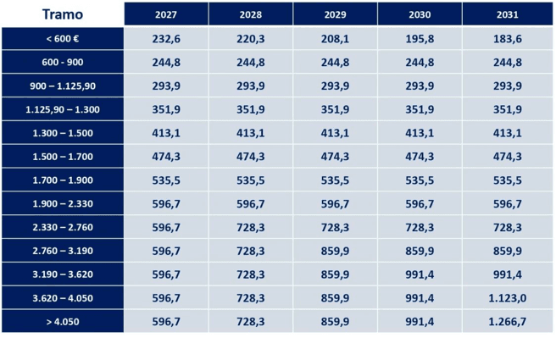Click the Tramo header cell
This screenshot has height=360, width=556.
tap(63, 14)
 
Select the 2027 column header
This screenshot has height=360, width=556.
tap(166, 14)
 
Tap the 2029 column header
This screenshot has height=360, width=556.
tap(336, 14)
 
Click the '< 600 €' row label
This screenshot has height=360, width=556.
tap(63, 39)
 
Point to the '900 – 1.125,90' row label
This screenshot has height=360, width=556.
tap(63, 86)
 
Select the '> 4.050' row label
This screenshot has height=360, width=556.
tap(63, 322)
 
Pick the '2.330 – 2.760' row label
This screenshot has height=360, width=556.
tap(63, 228)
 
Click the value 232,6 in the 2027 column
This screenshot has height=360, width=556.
tap(166, 39)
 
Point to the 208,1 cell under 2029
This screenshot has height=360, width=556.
tap(336, 39)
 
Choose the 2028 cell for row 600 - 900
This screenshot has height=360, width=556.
tap(251, 63)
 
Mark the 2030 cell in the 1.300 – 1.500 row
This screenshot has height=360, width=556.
tap(420, 133)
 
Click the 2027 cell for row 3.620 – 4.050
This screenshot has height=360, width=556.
tap(166, 298)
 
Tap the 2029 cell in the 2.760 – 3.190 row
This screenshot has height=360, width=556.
tap(336, 252)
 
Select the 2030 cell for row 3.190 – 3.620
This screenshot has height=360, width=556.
tap(420, 274)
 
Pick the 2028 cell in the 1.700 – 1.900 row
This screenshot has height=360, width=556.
tap(251, 180)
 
